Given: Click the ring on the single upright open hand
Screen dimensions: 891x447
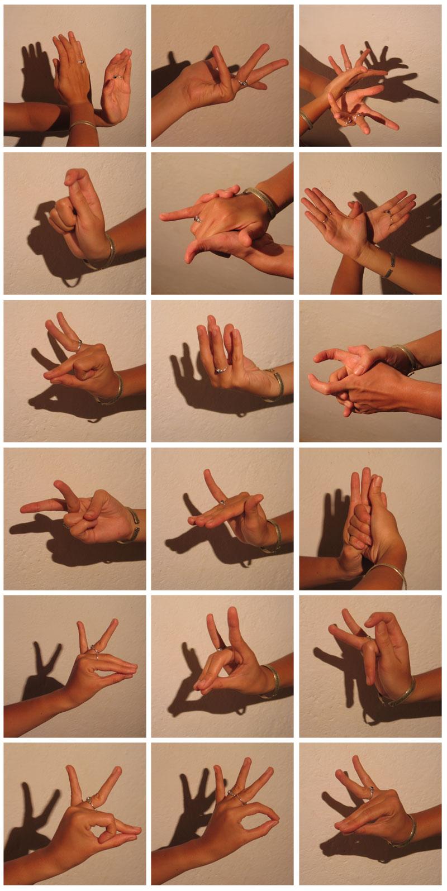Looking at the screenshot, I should pyautogui.click(x=221, y=370).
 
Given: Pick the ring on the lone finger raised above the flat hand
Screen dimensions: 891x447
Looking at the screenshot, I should pyautogui.click(x=222, y=502).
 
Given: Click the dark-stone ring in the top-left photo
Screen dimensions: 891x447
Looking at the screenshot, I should pyautogui.click(x=116, y=77).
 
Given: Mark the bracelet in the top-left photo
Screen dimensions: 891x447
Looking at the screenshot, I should pyautogui.click(x=82, y=124).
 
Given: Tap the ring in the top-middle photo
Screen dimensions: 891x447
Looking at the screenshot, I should pyautogui.click(x=242, y=82).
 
